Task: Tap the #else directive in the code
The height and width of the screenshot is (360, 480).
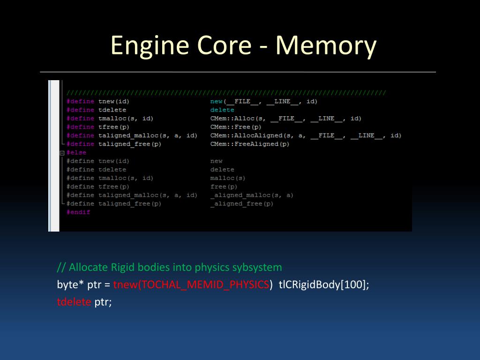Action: [x=76, y=153]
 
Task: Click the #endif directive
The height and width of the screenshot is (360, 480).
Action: [x=78, y=212]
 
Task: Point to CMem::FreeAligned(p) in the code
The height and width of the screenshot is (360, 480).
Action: [x=250, y=144]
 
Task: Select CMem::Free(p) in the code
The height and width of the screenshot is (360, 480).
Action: [x=236, y=127]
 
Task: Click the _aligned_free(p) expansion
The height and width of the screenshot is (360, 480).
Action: [x=242, y=204]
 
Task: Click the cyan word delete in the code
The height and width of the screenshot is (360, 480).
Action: [x=222, y=110]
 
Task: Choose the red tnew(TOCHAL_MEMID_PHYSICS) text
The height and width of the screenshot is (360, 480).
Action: [x=191, y=285]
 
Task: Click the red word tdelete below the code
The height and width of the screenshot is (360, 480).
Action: [x=74, y=302]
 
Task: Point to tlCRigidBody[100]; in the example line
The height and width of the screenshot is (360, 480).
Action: [x=324, y=285]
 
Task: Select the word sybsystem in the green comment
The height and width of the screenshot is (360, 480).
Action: [x=257, y=268]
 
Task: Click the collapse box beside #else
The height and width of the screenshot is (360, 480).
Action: [x=62, y=153]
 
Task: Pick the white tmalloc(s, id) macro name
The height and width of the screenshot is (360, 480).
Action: [x=126, y=119]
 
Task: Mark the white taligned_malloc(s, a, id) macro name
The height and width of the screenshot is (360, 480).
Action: [x=148, y=135]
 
